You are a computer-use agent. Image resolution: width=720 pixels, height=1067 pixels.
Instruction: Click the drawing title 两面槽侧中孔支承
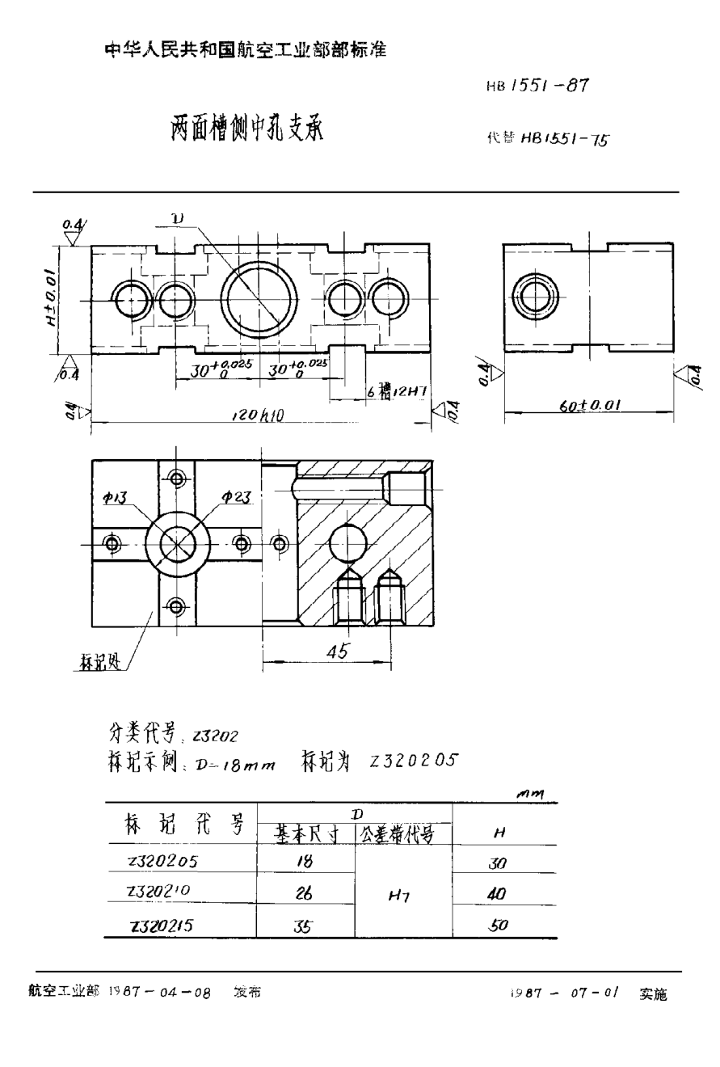pos(246,129)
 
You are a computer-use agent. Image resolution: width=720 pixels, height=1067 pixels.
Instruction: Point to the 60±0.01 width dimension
pos(589,407)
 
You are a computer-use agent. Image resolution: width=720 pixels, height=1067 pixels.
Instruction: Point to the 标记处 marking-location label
pos(102,664)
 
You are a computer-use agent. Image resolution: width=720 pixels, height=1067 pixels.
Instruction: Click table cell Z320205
pos(162,861)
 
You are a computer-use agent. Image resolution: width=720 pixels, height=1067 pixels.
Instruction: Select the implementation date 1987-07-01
pos(563,993)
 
